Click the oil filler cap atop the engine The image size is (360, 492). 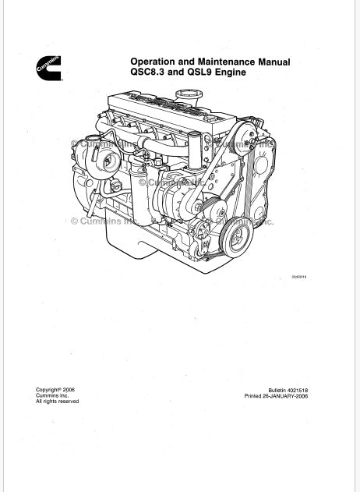pyautogui.click(x=188, y=94)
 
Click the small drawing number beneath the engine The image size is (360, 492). pyautogui.click(x=299, y=278)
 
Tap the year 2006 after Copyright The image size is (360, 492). pyautogui.click(x=69, y=389)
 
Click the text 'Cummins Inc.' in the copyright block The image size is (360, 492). pyautogui.click(x=52, y=395)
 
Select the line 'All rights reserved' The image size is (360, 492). pyautogui.click(x=58, y=402)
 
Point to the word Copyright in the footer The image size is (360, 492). pyautogui.click(x=48, y=389)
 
